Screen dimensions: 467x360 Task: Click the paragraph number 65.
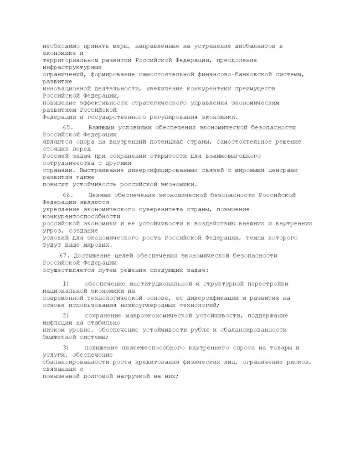[68, 128]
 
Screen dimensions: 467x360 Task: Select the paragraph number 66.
[68, 195]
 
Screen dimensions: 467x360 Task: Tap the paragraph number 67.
[64, 256]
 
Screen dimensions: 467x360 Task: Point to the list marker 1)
[66, 284]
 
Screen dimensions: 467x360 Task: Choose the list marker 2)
[66, 315]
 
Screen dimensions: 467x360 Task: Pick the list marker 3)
[66, 348]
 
